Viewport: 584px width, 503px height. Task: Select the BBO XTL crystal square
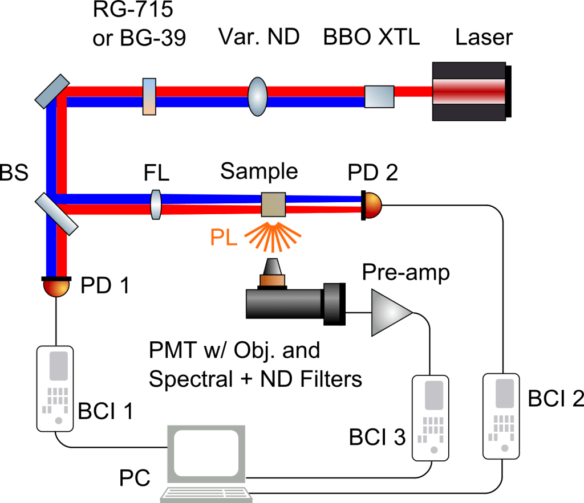click(x=379, y=96)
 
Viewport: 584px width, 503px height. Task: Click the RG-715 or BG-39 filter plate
click(x=148, y=96)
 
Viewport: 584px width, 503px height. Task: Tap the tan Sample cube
click(x=273, y=204)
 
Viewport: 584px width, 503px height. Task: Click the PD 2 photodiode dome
click(x=371, y=205)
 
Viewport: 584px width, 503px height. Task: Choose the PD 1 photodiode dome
click(x=56, y=287)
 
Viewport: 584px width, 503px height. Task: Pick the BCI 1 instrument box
click(x=55, y=389)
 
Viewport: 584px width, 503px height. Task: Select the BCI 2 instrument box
click(x=501, y=415)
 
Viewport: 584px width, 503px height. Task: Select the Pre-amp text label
click(x=405, y=272)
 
